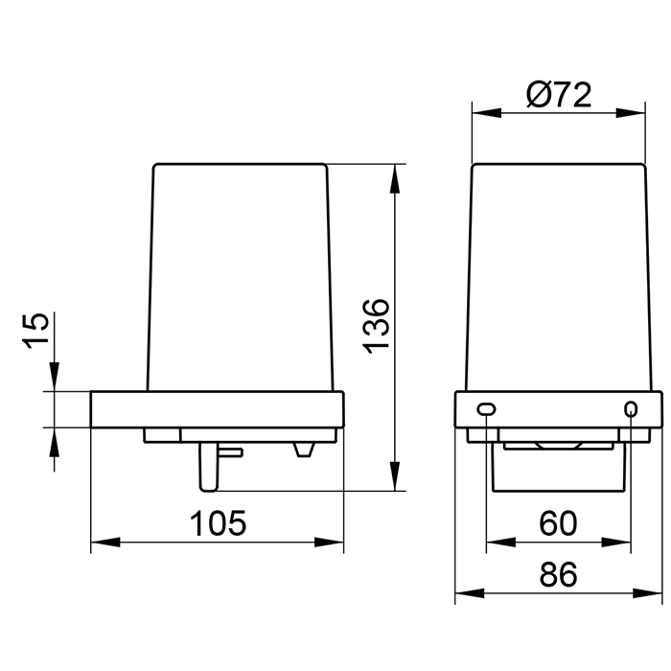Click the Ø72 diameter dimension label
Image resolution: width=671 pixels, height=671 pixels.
coord(559,95)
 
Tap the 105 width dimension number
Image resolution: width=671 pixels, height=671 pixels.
coord(218,523)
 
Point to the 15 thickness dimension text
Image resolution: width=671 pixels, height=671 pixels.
coord(35,331)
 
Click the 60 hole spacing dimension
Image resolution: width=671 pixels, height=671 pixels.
coord(558,523)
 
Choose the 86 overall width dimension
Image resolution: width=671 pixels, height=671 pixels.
coord(558,574)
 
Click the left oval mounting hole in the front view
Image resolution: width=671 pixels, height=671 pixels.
coord(487,409)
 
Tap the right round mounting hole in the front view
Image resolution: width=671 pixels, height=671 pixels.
coord(631,409)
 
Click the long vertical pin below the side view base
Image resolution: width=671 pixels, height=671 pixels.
coord(209,467)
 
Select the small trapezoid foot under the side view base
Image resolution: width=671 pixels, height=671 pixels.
coord(304,450)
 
